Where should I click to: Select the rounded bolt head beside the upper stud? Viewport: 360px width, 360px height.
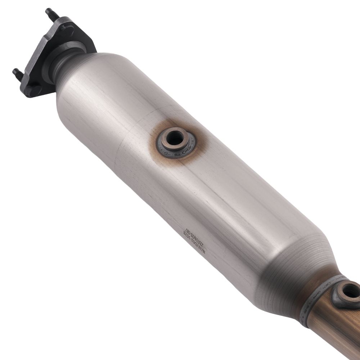point(66,28)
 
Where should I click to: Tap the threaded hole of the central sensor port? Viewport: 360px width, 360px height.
point(175,138)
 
